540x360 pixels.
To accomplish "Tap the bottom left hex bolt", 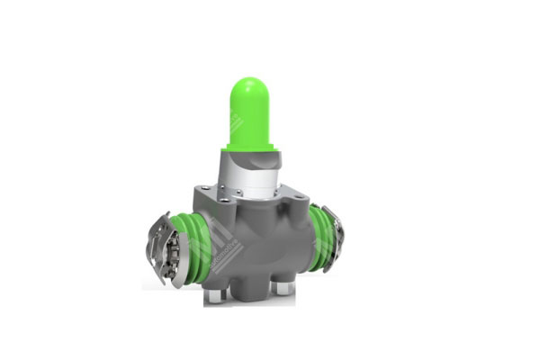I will [x=213, y=295].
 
